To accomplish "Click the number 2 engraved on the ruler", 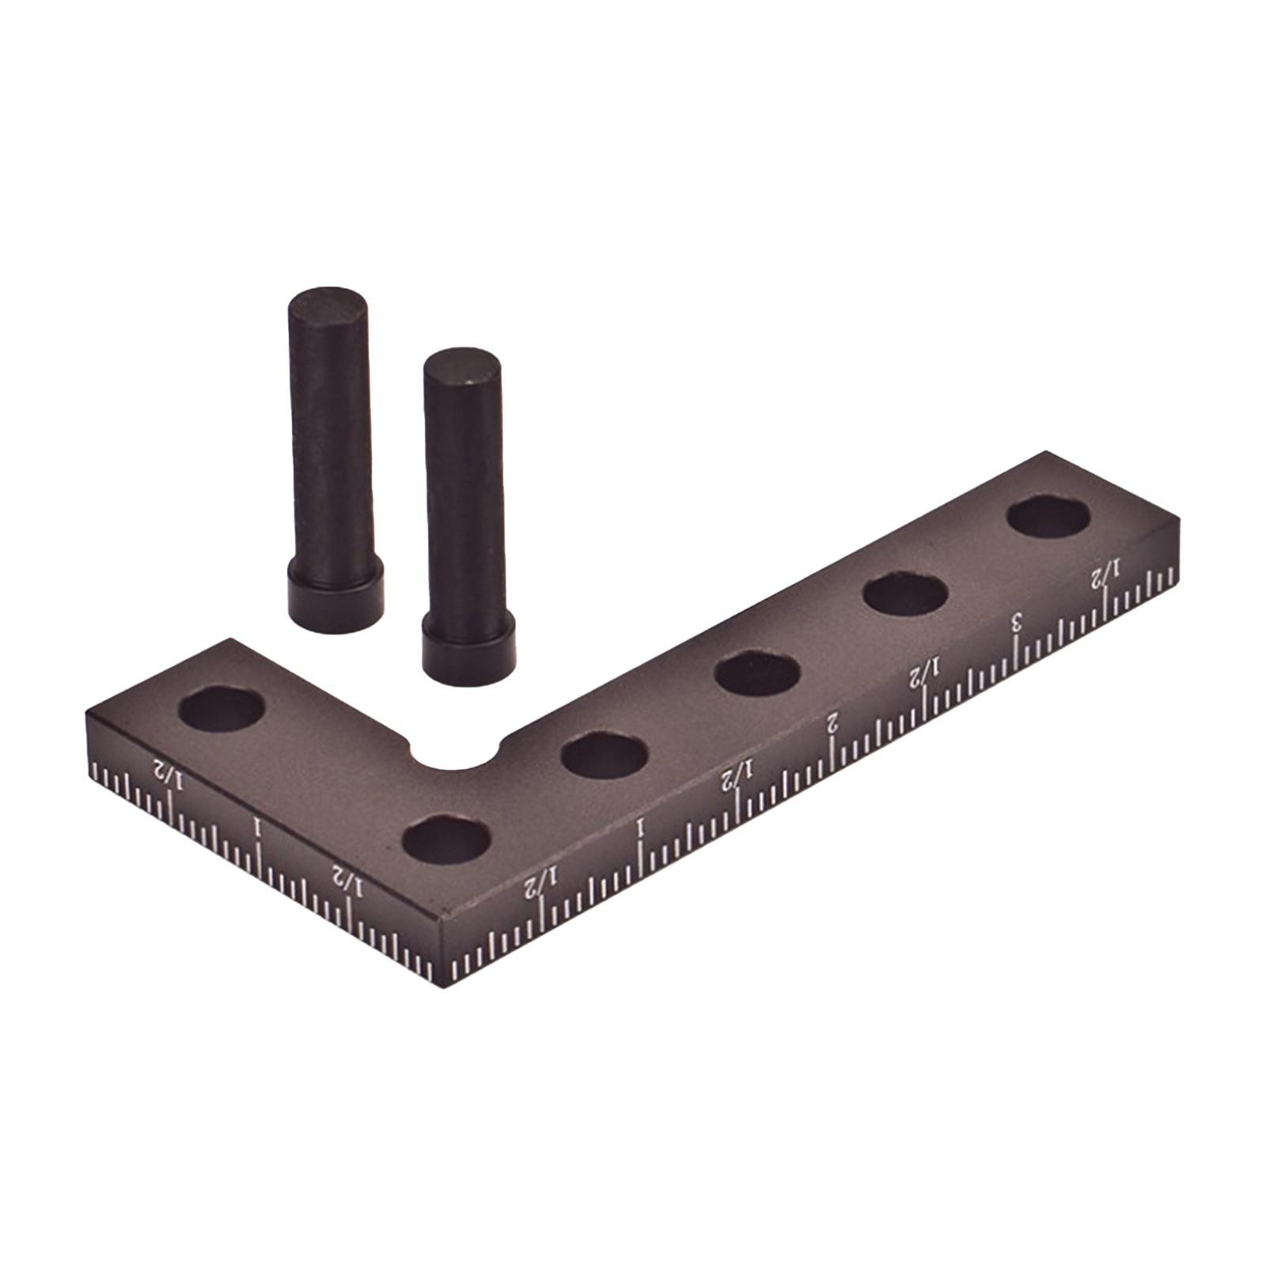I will (832, 722).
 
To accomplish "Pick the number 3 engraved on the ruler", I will (1017, 622).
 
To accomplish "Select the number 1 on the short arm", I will (256, 828).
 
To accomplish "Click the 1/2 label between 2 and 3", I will (923, 675).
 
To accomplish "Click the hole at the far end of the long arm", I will (1049, 517).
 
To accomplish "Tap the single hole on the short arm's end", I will (221, 708).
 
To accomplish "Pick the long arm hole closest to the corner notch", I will (605, 756).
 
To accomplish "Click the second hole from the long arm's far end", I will (905, 593).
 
